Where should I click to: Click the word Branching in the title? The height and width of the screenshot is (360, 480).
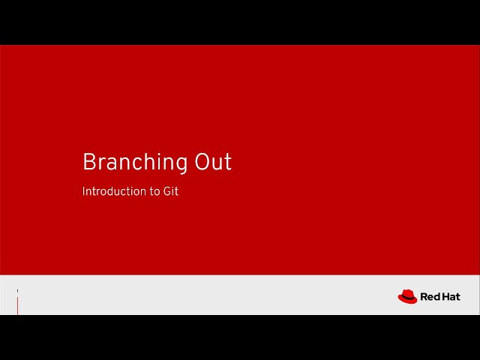click(x=135, y=163)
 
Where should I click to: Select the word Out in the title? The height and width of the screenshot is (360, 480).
click(x=214, y=162)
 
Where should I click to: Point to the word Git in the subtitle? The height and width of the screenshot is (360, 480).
click(x=171, y=191)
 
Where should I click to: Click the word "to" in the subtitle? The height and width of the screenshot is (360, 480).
click(x=154, y=191)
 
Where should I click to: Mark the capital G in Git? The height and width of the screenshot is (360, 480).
click(x=167, y=191)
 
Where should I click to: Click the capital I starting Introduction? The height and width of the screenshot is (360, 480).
click(x=83, y=191)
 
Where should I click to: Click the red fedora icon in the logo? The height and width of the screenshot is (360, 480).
click(x=407, y=297)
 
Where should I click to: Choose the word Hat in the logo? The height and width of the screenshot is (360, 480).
click(x=451, y=297)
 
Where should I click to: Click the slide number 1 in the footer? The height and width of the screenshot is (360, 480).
click(x=17, y=291)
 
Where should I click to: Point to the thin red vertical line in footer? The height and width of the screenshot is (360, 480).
click(x=17, y=306)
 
